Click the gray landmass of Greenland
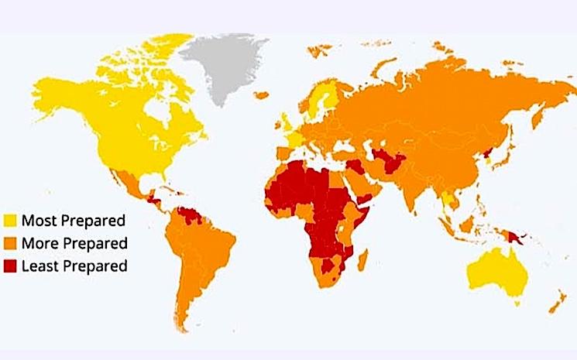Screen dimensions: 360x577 click(221, 70)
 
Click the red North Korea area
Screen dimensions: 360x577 click(486, 152)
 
